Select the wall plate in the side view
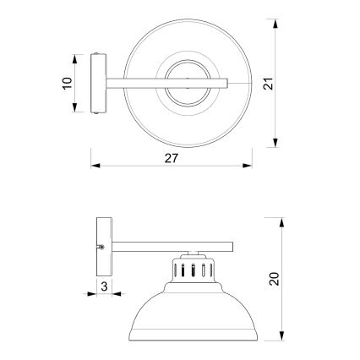[x=103, y=246]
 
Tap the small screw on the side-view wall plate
[x=102, y=247]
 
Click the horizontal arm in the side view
[x=169, y=247]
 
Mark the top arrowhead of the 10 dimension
[x=79, y=56]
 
